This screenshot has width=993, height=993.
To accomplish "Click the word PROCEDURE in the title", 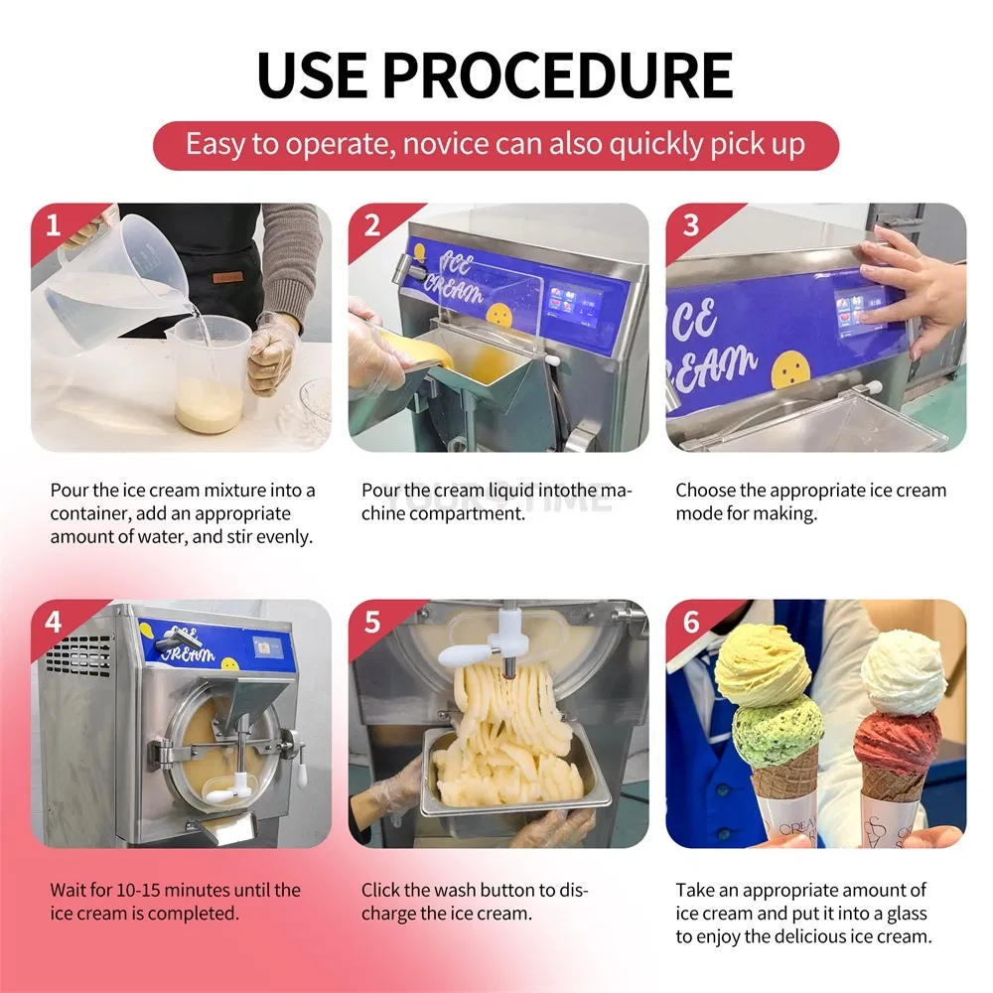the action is coord(557,74).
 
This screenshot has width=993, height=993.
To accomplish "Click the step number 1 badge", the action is coord(54,224).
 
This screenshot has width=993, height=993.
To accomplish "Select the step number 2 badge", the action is coord(372,224).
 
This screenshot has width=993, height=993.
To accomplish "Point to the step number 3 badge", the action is coord(691,224).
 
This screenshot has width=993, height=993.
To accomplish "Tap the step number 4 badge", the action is coord(54,622).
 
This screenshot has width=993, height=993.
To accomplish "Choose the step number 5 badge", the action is coord(372,622).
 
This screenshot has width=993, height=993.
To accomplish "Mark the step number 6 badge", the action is coord(691,622).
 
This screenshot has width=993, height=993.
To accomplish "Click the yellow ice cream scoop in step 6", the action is coord(763,667).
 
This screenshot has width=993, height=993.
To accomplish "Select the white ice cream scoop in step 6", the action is coord(903,672).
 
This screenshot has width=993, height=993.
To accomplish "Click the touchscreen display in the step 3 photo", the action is coord(861,310).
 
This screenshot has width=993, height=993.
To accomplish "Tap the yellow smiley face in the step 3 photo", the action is coord(790,367).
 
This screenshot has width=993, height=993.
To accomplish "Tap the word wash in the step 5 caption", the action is coord(465,890).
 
